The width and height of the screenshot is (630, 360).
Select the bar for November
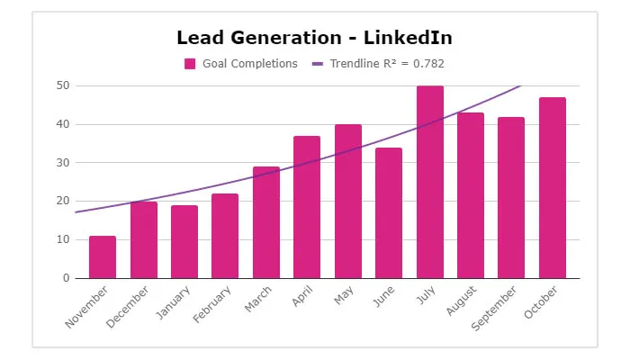103,257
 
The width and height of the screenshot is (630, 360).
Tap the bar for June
389,213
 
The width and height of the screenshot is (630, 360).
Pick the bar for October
553,188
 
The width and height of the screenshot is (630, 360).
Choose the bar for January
184,242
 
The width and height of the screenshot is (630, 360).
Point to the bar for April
307,207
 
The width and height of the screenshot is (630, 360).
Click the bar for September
511,197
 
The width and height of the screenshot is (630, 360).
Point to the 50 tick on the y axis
62,85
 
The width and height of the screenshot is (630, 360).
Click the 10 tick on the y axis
62,239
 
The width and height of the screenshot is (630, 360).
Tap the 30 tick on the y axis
62,163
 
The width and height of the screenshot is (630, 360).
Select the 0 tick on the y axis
66,278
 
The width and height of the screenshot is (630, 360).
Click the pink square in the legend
190,64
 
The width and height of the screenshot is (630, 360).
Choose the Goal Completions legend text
250,64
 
